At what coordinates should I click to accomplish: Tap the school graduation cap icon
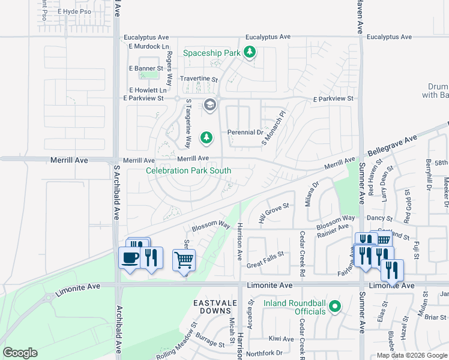coord(209,106)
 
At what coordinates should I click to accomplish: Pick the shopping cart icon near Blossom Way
coord(184,260)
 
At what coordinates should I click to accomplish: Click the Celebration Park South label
coord(189,170)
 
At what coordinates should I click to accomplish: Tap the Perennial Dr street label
coord(245,133)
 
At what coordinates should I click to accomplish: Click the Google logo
coord(20,353)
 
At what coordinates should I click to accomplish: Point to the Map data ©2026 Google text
coord(411,355)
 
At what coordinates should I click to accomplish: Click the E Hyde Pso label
coord(74,11)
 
